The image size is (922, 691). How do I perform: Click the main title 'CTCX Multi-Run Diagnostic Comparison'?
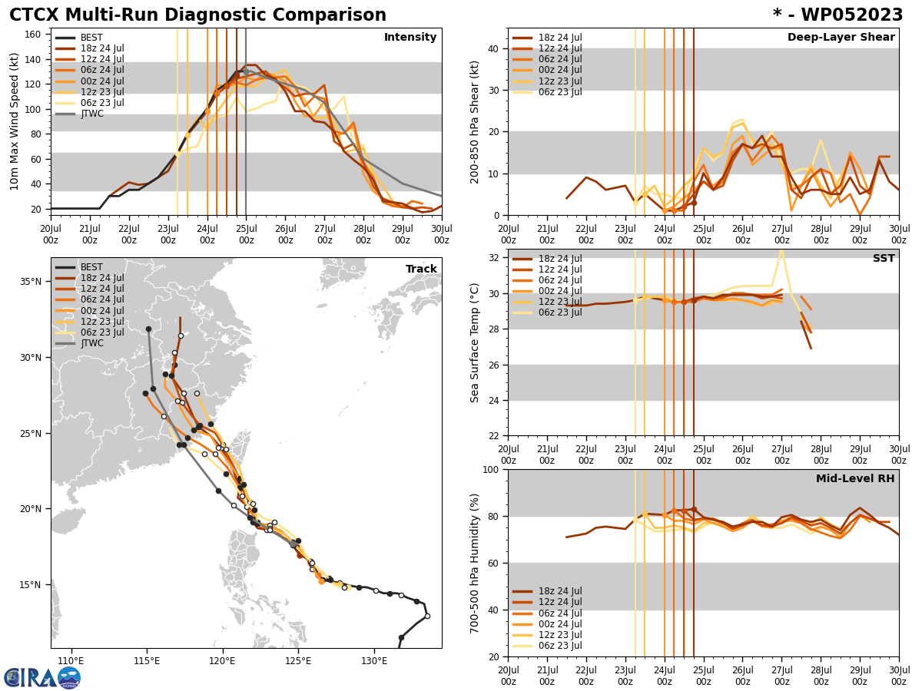pyautogui.click(x=197, y=15)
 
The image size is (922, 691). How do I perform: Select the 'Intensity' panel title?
pyautogui.click(x=410, y=38)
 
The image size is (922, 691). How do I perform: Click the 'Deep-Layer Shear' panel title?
pyautogui.click(x=841, y=38)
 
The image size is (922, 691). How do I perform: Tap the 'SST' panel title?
pyautogui.click(x=884, y=259)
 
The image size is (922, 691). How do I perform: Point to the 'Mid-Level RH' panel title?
pyautogui.click(x=855, y=479)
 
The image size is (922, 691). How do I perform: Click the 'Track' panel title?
pyautogui.click(x=421, y=269)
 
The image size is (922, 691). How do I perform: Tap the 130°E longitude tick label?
pyautogui.click(x=374, y=660)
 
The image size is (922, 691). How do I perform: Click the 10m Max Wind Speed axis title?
pyautogui.click(x=15, y=121)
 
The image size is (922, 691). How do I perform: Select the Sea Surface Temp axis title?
pyautogui.click(x=475, y=342)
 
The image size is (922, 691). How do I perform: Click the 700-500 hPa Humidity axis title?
pyautogui.click(x=475, y=563)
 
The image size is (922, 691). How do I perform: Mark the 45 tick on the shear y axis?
pyautogui.click(x=494, y=28)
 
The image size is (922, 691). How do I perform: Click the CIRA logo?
pyautogui.click(x=42, y=677)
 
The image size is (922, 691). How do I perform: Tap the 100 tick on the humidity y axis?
pyautogui.click(x=492, y=470)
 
